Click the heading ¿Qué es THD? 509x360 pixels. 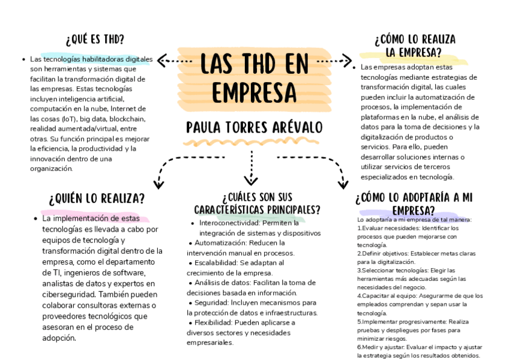coord(95,40)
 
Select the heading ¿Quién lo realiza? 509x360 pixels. coord(97,198)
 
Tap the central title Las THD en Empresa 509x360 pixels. coord(254,77)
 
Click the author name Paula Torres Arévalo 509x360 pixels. coord(254,128)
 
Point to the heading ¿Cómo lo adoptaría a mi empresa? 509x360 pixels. coord(414,203)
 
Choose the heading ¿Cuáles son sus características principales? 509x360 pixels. coord(257,203)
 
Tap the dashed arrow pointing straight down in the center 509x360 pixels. coord(251,168)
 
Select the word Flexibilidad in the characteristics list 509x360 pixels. coord(214,322)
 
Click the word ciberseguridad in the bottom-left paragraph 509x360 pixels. coord(68,295)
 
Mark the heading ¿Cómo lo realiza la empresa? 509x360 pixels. coord(415,46)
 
